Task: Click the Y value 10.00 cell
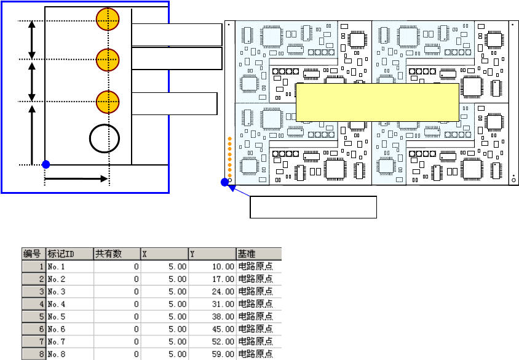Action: (x=212, y=266)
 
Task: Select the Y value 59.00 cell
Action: (x=212, y=354)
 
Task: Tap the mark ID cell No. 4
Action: (x=70, y=304)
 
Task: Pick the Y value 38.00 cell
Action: (x=212, y=316)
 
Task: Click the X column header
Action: (x=165, y=254)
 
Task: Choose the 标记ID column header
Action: (x=70, y=254)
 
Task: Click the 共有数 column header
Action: (x=117, y=254)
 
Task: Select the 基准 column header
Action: (x=259, y=254)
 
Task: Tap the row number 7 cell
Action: (x=33, y=342)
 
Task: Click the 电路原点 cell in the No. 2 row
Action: (x=259, y=279)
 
